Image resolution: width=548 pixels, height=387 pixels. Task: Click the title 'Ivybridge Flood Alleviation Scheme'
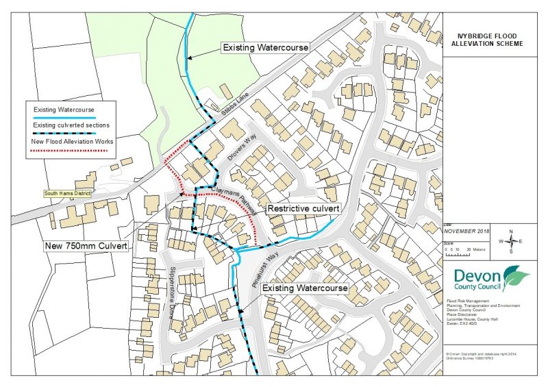(x=491, y=38)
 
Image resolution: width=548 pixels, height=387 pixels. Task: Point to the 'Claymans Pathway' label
(x=234, y=199)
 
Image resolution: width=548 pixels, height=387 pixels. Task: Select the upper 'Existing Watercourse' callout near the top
(x=265, y=48)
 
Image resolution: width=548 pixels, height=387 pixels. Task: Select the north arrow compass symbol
(x=511, y=241)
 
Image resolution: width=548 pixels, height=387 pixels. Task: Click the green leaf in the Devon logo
(x=515, y=277)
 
